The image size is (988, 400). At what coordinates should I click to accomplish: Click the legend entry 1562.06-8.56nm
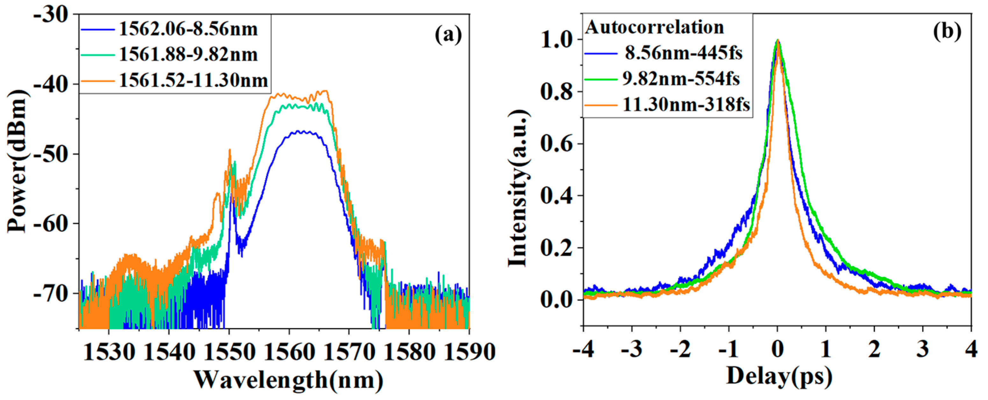[x=188, y=29]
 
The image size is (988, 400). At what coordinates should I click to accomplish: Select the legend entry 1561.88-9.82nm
[x=188, y=55]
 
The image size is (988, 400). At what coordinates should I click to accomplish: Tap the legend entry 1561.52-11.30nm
[x=193, y=81]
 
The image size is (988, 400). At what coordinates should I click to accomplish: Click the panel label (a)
[x=448, y=35]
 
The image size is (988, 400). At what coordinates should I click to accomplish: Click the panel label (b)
[x=947, y=32]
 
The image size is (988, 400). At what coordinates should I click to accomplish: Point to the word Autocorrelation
[x=654, y=28]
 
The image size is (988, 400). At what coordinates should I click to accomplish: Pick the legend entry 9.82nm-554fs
[x=681, y=79]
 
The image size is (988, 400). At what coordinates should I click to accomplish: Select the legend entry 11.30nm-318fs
[x=686, y=105]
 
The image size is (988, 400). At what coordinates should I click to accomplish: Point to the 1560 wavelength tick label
[x=289, y=352]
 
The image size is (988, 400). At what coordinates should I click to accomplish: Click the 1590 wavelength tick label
[x=469, y=352]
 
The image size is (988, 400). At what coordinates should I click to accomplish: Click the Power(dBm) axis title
[x=18, y=161]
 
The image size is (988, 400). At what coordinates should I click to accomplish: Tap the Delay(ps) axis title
[x=779, y=376]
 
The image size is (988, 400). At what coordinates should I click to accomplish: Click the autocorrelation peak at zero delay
[x=777, y=40]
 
